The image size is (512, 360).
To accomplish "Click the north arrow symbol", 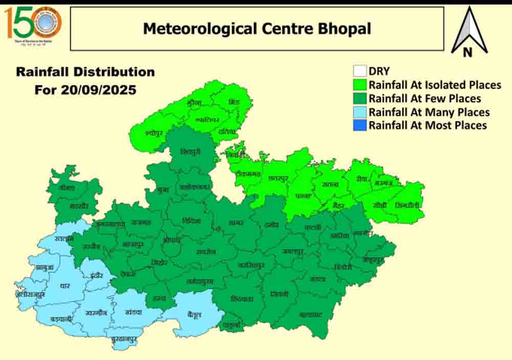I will [x=468, y=32].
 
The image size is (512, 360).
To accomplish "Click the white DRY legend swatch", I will [x=360, y=71].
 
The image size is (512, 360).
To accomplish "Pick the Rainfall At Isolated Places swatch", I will [x=360, y=84].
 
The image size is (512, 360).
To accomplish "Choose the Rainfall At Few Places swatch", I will [x=360, y=98].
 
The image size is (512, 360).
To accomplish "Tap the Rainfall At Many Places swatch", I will [x=360, y=112].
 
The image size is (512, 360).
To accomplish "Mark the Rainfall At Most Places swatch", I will [x=360, y=125].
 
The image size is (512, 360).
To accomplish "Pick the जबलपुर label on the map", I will [x=292, y=251].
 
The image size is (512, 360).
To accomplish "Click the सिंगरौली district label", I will [x=408, y=205].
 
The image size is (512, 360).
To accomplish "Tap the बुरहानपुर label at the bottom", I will [x=126, y=338].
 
